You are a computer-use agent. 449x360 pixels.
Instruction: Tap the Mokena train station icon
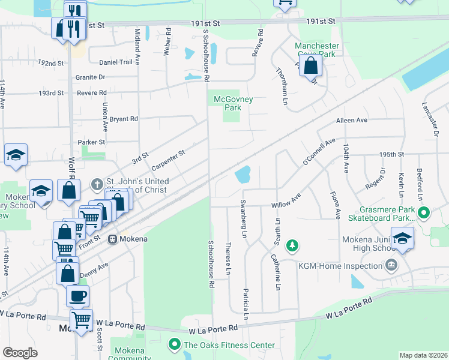(x=112, y=239)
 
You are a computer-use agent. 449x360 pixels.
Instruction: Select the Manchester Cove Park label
(x=317, y=50)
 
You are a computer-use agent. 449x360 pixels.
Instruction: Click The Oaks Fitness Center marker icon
(x=175, y=344)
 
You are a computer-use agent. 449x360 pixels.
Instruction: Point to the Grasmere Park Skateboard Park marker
(x=424, y=212)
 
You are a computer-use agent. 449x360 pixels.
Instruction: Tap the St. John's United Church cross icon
(x=97, y=182)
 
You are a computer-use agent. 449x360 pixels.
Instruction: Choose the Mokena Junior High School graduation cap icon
(x=402, y=237)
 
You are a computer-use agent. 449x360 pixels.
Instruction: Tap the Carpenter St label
(x=168, y=160)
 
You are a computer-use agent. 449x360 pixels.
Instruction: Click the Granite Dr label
(x=91, y=77)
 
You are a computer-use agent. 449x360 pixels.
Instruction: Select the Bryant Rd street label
(x=124, y=119)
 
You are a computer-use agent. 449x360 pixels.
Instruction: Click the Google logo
(x=20, y=353)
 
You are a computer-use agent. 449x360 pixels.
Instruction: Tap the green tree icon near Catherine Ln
(x=292, y=245)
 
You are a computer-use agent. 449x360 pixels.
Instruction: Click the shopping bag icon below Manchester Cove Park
(x=310, y=65)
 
